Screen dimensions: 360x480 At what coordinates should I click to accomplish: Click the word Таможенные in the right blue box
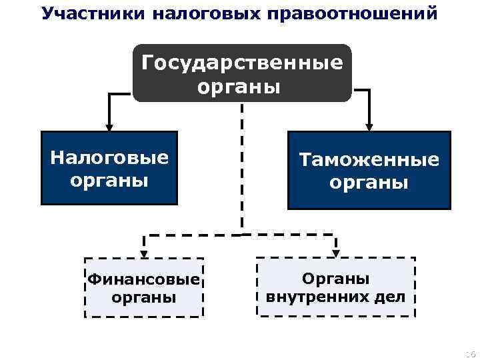[x=369, y=160]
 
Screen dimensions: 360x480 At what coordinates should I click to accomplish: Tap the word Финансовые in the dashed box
[x=144, y=279]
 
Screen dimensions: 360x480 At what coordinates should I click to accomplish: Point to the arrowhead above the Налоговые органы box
[x=109, y=125]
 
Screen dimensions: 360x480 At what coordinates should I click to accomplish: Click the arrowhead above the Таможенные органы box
[x=369, y=125]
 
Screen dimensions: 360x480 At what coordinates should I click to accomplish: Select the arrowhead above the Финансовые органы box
[x=143, y=252]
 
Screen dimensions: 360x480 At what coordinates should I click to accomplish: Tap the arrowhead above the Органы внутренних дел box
[x=336, y=252]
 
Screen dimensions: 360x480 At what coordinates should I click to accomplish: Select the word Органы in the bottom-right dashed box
[x=335, y=279]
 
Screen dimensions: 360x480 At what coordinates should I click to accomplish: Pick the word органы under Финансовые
[x=144, y=297]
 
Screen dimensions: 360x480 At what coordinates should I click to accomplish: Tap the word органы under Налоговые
[x=109, y=180]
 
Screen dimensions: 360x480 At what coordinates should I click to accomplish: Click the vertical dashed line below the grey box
[x=242, y=167]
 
